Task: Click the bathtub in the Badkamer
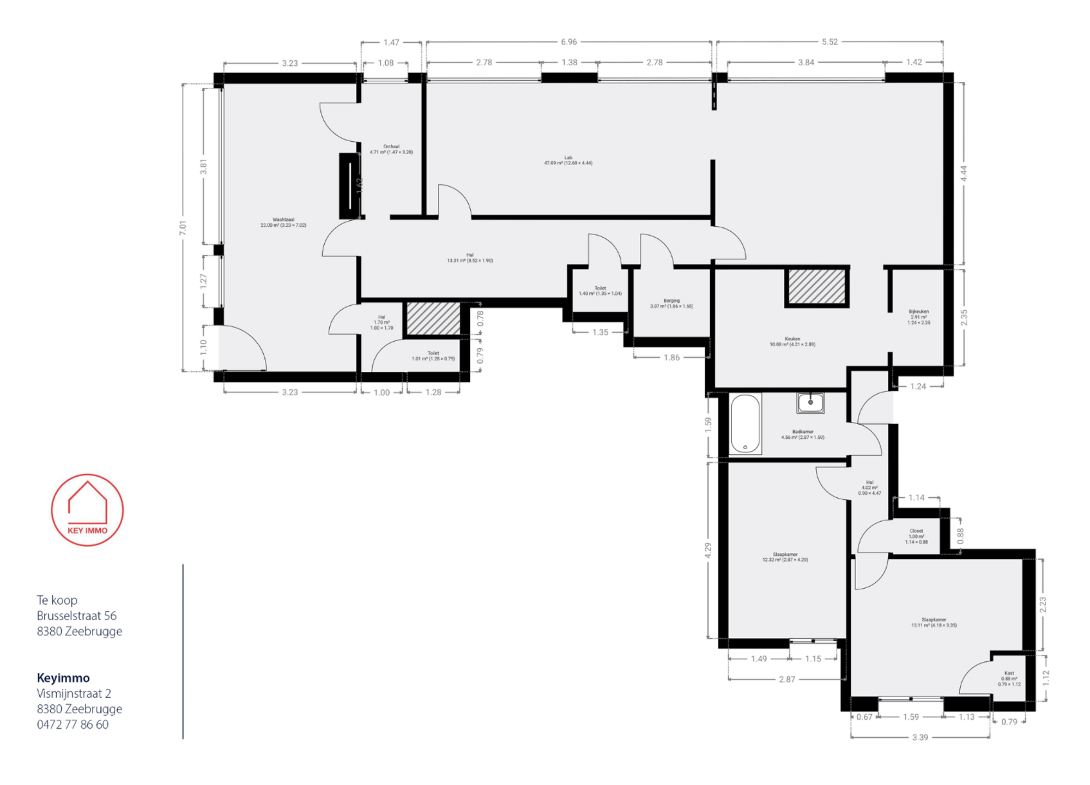pyautogui.click(x=745, y=424)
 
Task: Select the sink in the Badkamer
pyautogui.click(x=810, y=403)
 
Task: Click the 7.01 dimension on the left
pyautogui.click(x=183, y=228)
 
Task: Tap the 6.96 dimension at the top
pyautogui.click(x=569, y=42)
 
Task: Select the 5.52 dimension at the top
pyautogui.click(x=829, y=42)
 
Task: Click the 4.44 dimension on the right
pyautogui.click(x=964, y=173)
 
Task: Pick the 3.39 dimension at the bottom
pyautogui.click(x=920, y=738)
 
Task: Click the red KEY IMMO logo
pyautogui.click(x=87, y=510)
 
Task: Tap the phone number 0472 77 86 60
pyautogui.click(x=72, y=724)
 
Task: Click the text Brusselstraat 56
pyautogui.click(x=76, y=615)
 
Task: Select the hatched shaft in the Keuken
pyautogui.click(x=816, y=287)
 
